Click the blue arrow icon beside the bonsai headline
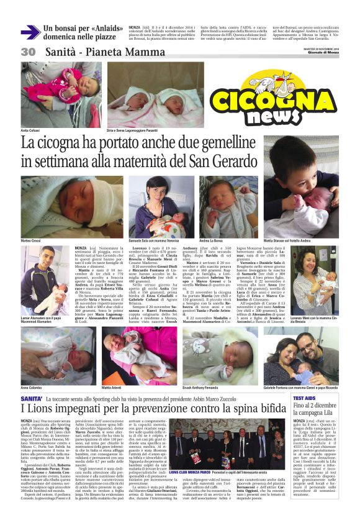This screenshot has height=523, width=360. (30, 32)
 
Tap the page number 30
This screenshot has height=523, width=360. (29, 52)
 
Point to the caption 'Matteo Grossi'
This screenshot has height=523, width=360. (32, 240)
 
